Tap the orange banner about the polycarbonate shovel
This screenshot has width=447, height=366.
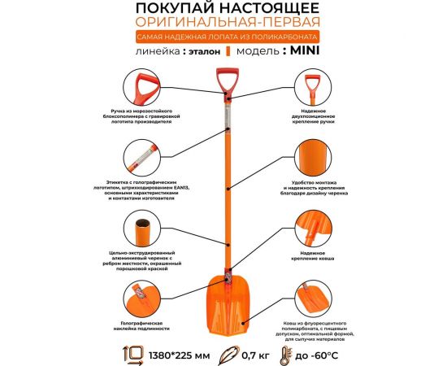point(223,37)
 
